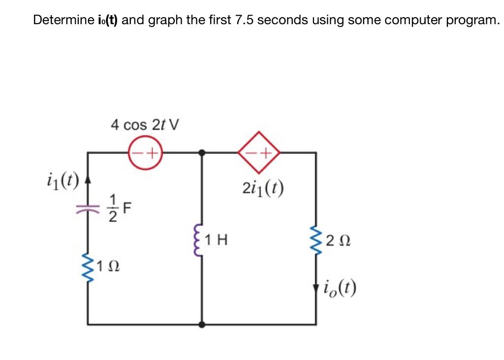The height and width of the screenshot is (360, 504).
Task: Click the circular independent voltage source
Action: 145,152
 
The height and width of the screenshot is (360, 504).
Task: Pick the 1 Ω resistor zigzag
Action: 89,268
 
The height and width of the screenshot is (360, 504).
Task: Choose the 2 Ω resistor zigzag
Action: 315,241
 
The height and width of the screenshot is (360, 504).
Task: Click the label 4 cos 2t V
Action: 145,125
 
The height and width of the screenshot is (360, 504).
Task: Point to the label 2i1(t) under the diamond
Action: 264,188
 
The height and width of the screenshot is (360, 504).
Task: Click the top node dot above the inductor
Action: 201,152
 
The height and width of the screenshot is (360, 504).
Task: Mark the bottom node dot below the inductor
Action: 201,325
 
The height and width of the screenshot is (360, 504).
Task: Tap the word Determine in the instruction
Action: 61,20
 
